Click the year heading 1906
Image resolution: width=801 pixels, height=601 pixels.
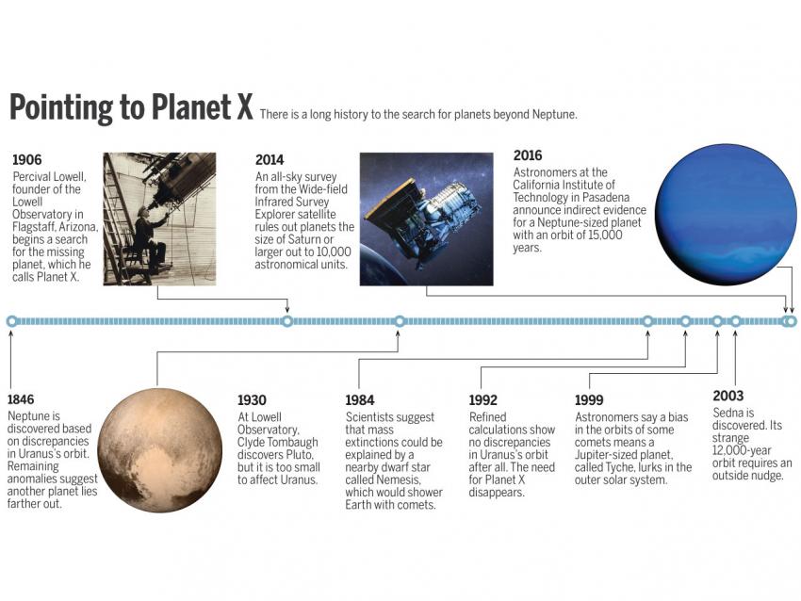click(x=27, y=160)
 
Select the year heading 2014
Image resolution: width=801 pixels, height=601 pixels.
click(x=270, y=160)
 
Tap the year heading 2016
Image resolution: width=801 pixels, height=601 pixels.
click(x=528, y=155)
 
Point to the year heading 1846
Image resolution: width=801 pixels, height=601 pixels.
click(x=21, y=399)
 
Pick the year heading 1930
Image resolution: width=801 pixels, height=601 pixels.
click(x=252, y=399)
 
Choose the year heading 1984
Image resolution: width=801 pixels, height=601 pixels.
click(x=360, y=399)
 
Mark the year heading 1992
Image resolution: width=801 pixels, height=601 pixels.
click(x=483, y=399)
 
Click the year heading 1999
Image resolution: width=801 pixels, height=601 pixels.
click(x=589, y=399)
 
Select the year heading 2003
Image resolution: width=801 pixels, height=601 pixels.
click(x=727, y=396)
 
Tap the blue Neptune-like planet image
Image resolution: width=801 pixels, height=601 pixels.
click(x=726, y=214)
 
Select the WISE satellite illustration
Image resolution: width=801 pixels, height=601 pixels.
click(x=427, y=219)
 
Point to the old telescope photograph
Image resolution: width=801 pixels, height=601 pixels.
click(x=159, y=219)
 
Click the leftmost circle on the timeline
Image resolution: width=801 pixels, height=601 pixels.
click(x=11, y=321)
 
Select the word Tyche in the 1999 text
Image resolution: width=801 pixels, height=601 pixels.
click(x=618, y=467)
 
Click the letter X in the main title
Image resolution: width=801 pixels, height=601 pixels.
click(x=245, y=106)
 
